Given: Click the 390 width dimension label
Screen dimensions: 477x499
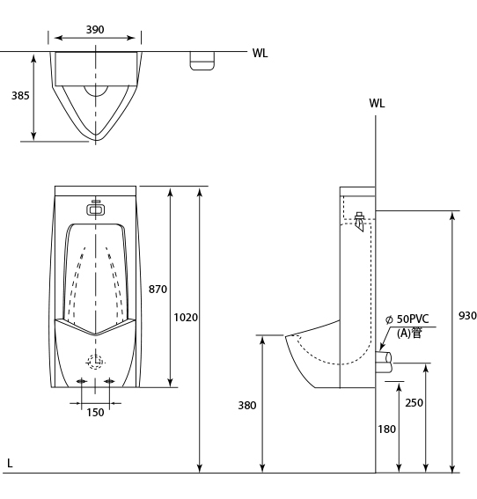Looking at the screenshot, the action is point(95,30).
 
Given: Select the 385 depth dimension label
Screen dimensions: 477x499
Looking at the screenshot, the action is point(20,95).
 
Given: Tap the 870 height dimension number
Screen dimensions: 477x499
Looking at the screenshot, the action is point(158,289).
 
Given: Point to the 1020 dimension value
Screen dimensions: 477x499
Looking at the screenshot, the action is point(186,318).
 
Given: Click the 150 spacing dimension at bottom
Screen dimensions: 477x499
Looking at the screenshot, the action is point(95,413).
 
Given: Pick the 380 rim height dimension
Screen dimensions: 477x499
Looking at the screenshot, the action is point(247,405).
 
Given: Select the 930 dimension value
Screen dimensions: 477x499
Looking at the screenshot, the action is point(467,315).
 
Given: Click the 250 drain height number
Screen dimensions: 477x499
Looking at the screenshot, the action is point(414,402).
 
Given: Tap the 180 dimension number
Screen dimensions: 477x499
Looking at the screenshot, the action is point(386,429).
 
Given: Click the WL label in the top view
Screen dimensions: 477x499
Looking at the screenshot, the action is point(260,53).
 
